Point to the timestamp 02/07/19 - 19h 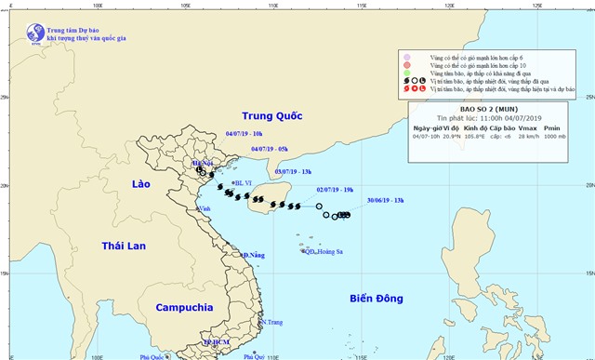tap(333, 189)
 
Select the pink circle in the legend tap(407, 57)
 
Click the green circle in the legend tap(407, 73)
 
